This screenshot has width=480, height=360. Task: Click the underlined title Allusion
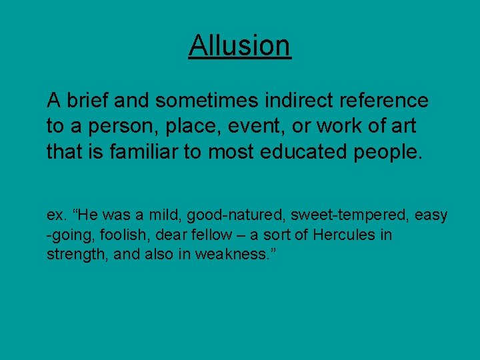point(239,45)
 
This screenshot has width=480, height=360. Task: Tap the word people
point(387,152)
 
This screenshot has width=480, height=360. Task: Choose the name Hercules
point(343,235)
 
